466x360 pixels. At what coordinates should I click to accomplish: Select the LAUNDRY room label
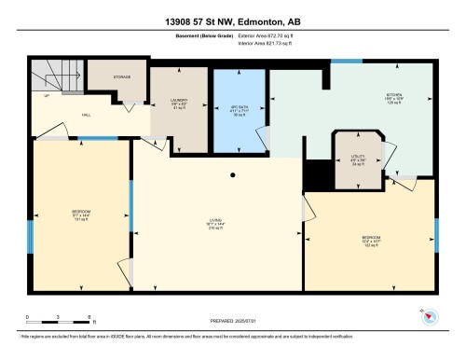tap(181, 103)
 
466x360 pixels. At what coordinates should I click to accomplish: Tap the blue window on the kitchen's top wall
tap(345, 61)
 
